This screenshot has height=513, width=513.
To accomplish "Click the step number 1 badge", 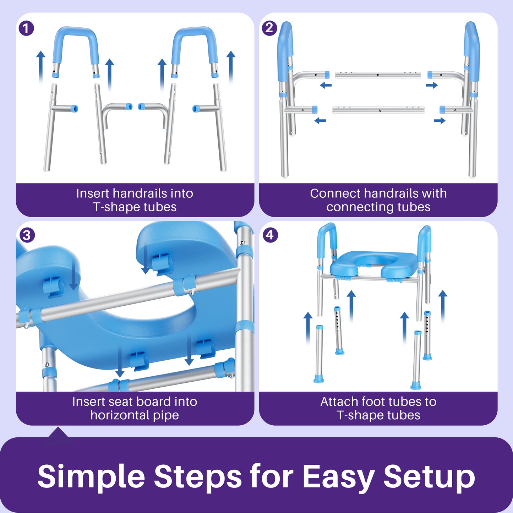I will coord(26,28).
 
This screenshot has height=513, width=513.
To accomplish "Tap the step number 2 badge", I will coord(269,28).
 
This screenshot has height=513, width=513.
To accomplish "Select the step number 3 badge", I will coord(27,235).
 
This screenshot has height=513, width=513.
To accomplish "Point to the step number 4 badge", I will coord(270,235).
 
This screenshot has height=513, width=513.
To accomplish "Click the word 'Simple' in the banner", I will coord(91,477).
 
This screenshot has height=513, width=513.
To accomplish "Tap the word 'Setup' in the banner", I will coord(429,477).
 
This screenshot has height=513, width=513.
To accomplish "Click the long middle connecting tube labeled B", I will coord(378,75).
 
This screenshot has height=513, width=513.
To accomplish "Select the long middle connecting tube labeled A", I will coord(378,110).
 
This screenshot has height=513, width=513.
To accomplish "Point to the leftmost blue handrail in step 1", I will coord(75,43).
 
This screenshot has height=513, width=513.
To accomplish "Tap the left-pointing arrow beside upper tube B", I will coord(326,85).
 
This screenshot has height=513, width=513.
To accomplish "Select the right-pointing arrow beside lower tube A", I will coord(440,121).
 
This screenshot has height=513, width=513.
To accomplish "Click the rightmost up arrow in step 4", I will coord(443,305).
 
